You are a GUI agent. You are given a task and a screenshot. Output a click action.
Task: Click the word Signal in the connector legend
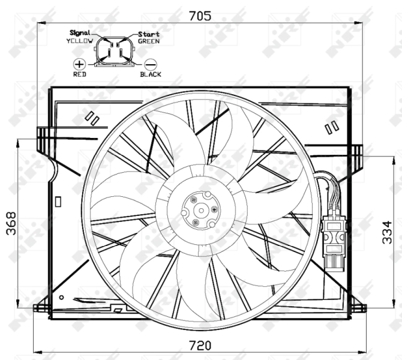[79, 33]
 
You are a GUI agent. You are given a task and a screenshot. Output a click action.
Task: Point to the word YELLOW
[79, 41]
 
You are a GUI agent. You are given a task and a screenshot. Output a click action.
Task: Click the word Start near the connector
[148, 34]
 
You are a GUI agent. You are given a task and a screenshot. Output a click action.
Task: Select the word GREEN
[148, 41]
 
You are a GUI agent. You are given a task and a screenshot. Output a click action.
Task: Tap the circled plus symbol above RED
[79, 63]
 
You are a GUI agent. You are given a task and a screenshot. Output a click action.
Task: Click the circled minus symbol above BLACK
[151, 64]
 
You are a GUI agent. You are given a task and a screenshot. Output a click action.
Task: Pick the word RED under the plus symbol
[79, 74]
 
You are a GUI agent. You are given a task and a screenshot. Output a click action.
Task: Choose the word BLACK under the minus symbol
[151, 74]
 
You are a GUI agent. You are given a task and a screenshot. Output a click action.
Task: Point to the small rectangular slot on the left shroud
[58, 202]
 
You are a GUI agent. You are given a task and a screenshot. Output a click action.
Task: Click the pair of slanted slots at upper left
[92, 118]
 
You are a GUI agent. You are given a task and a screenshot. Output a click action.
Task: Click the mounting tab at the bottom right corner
[358, 308]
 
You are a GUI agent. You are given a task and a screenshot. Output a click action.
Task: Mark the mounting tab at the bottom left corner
[42, 308]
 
